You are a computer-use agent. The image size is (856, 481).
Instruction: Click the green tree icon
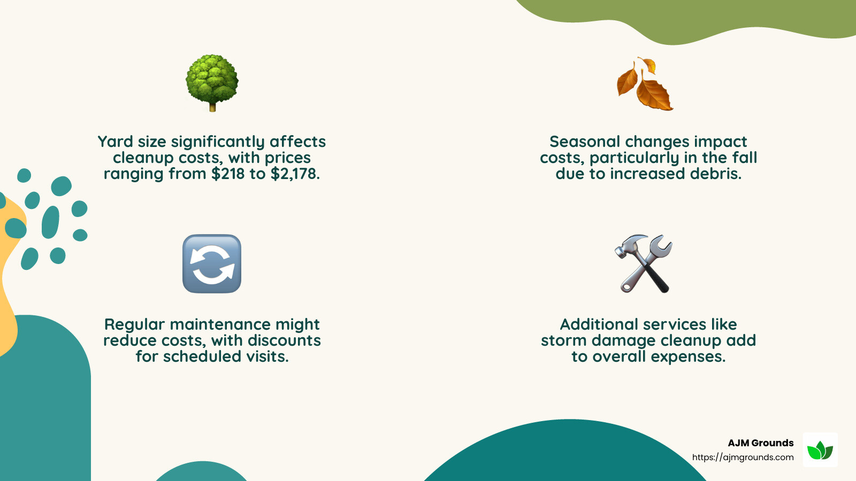212,82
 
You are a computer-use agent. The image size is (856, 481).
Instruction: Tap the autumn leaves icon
644,84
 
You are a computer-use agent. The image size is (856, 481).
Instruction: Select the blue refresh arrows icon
212,263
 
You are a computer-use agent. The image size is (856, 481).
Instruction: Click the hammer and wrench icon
644,263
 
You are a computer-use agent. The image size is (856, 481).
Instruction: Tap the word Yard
115,142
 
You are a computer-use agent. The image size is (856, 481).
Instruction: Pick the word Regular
134,324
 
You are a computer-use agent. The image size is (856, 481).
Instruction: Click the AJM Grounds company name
760,443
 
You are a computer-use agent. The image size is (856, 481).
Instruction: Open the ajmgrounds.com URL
743,457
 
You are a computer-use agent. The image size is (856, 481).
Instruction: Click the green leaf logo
820,450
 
